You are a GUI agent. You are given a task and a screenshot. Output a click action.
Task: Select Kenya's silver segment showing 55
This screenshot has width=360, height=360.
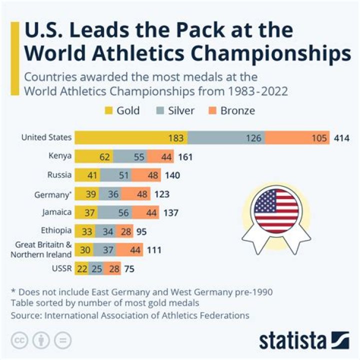click(x=129, y=156)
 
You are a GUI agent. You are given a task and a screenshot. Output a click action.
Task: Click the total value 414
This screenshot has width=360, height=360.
click(x=341, y=138)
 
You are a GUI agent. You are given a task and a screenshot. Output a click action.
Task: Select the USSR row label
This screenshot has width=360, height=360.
click(x=62, y=268)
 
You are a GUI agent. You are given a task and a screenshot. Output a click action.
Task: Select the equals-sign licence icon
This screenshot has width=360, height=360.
click(x=63, y=340)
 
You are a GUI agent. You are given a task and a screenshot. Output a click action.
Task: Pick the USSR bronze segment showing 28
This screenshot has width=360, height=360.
click(x=114, y=268)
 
